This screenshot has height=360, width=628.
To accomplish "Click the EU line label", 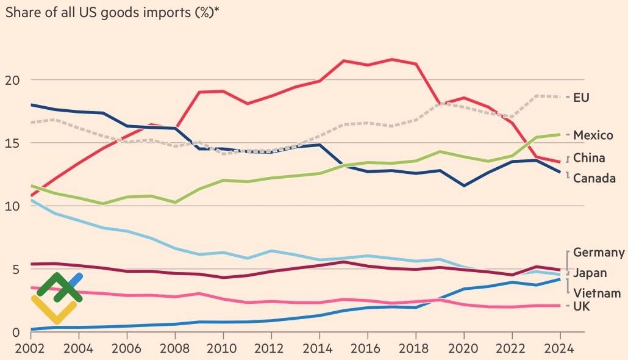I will pyautogui.click(x=581, y=98).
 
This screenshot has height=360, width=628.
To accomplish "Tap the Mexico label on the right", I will pyautogui.click(x=593, y=135).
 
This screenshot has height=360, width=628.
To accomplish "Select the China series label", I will pyautogui.click(x=589, y=158).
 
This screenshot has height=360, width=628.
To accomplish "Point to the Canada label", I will pyautogui.click(x=594, y=179).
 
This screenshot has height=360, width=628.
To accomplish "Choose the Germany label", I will pyautogui.click(x=599, y=253).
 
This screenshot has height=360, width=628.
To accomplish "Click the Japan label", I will pyautogui.click(x=589, y=273).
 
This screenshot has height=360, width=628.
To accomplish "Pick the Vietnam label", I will pyautogui.click(x=597, y=293).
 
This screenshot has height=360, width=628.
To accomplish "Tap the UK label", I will pyautogui.click(x=581, y=306).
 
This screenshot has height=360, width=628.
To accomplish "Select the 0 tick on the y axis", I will pyautogui.click(x=16, y=333).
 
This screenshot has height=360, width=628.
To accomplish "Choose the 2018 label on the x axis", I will pyautogui.click(x=416, y=350).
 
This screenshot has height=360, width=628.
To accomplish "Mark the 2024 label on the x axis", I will pyautogui.click(x=560, y=350).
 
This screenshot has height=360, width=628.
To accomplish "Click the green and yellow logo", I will pyautogui.click(x=57, y=298).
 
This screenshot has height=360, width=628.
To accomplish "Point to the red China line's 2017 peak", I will pyautogui.click(x=391, y=59).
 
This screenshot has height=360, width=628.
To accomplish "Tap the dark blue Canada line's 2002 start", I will pyautogui.click(x=31, y=105).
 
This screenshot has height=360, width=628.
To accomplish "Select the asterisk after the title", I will pyautogui.click(x=216, y=9).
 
